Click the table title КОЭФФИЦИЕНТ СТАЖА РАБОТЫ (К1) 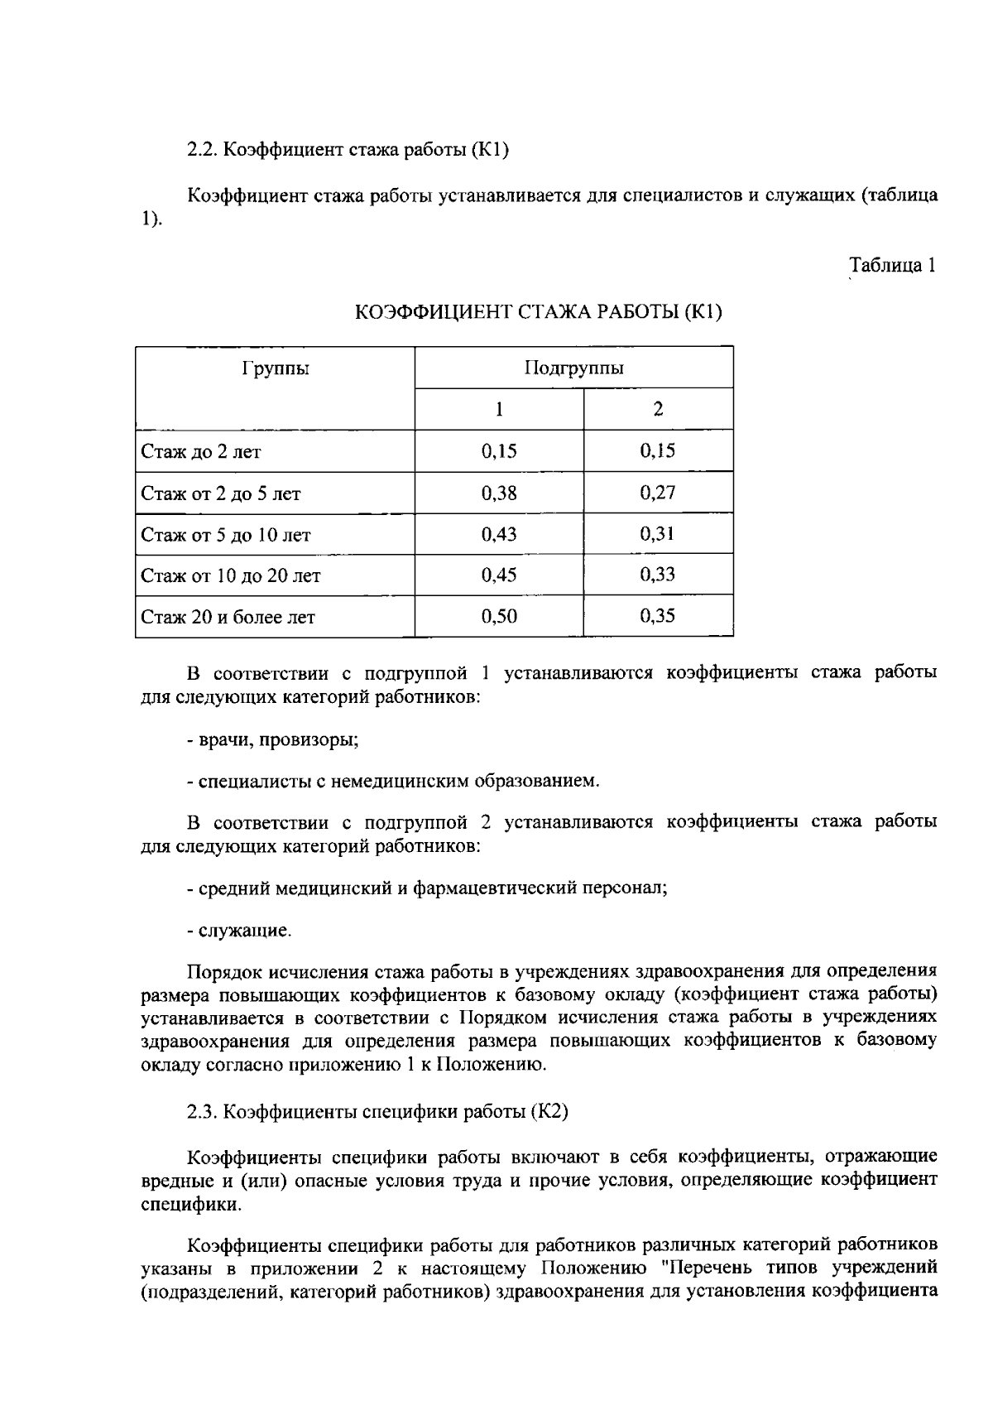pyautogui.click(x=539, y=313)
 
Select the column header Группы pyautogui.click(x=276, y=368)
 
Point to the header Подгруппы pyautogui.click(x=573, y=368)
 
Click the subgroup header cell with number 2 pyautogui.click(x=658, y=409)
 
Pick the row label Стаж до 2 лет pyautogui.click(x=201, y=452)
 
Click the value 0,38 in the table pyautogui.click(x=499, y=493)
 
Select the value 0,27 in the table pyautogui.click(x=658, y=493)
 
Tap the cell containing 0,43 pyautogui.click(x=499, y=534)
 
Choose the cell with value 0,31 pyautogui.click(x=658, y=534)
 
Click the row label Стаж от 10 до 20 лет pyautogui.click(x=231, y=575)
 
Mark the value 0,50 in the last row pyautogui.click(x=499, y=616)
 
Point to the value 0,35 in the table pyautogui.click(x=658, y=616)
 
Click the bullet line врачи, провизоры pyautogui.click(x=273, y=739)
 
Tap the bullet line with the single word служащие pyautogui.click(x=240, y=931)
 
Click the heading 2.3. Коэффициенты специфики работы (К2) pyautogui.click(x=377, y=1111)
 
